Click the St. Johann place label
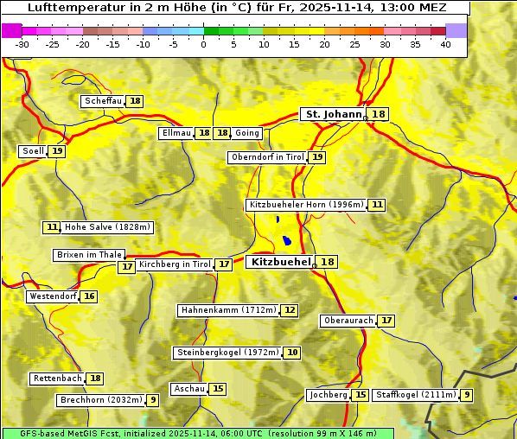334,114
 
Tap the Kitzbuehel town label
279,262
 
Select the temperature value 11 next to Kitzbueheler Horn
377,205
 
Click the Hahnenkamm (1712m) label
228,310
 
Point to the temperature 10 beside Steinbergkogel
293,353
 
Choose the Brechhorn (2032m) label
100,400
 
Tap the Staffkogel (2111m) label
415,395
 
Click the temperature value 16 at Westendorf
89,296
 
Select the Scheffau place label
103,101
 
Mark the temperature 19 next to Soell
57,151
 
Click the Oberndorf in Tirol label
267,157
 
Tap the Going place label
247,133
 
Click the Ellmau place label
176,133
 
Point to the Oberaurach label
348,321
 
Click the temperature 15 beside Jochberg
361,395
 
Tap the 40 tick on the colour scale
445,45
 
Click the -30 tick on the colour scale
22,45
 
